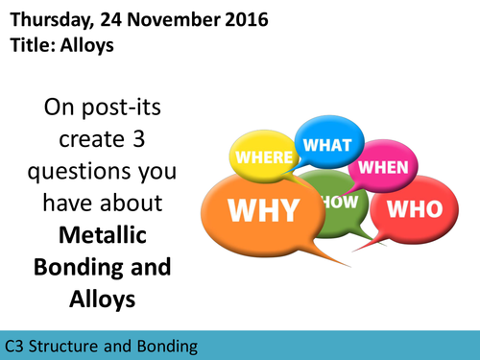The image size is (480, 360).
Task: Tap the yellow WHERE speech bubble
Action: click(x=262, y=156)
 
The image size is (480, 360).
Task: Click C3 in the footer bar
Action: click(x=15, y=345)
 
